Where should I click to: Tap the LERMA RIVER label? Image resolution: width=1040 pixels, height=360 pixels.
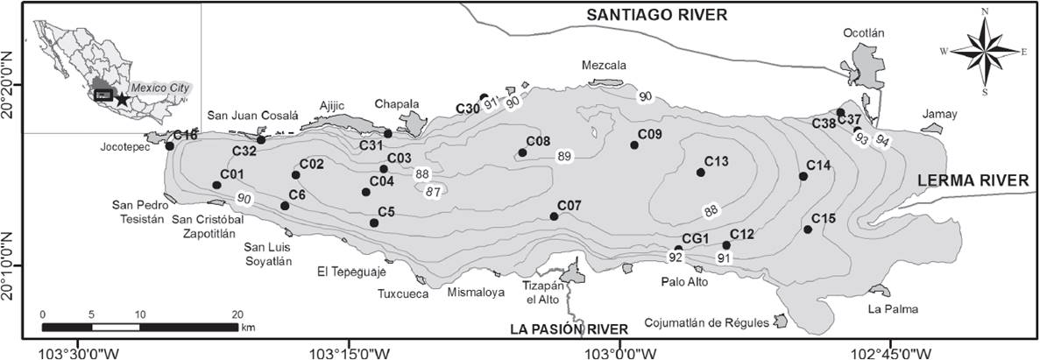pos(973,180)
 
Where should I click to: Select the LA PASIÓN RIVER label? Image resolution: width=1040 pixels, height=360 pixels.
pos(570,329)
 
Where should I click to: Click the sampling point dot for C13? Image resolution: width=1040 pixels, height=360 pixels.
pos(700,173)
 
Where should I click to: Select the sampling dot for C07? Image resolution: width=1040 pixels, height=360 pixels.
pos(554,216)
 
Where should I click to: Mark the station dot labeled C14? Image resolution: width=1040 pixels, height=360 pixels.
pos(803,177)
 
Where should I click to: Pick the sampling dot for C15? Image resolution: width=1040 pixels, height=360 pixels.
pos(807,229)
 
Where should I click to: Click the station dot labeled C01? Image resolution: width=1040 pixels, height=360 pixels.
pos(216,185)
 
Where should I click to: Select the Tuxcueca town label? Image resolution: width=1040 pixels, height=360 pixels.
pos(403,293)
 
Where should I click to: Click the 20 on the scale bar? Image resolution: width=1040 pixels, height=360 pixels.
pos(237,314)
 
